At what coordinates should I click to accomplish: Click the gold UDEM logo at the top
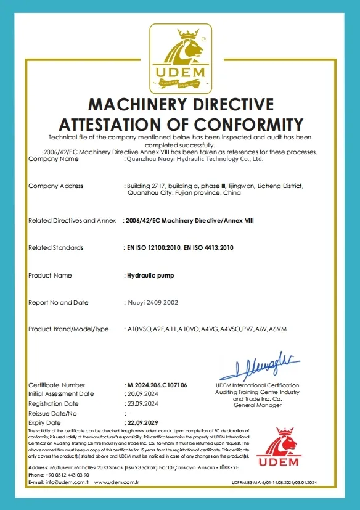coord(179,58)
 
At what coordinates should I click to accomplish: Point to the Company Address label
coord(56,186)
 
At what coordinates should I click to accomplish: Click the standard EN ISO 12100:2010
coord(152,247)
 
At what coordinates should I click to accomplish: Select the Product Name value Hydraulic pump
coord(150,275)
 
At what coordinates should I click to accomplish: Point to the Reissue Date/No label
coord(53,413)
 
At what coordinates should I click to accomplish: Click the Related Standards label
coord(56,247)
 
